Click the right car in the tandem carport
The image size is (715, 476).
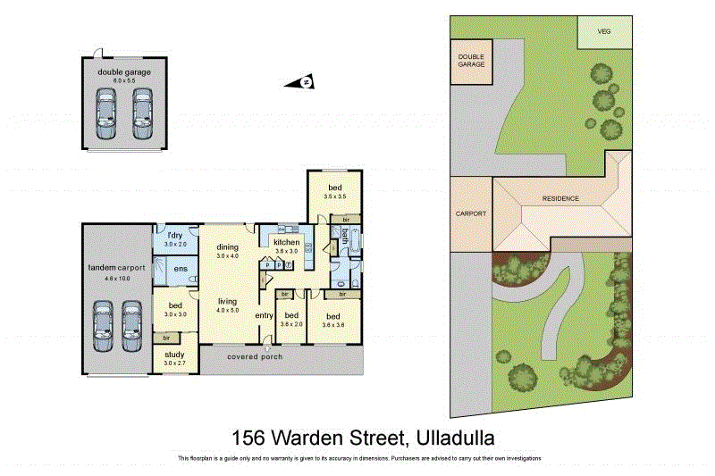tap(132, 327)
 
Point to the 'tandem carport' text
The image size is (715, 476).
tap(117, 269)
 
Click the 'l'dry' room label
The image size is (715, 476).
tap(176, 236)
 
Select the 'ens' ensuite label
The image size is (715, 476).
tap(180, 270)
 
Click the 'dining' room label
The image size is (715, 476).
tap(228, 247)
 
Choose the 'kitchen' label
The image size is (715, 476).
tap(286, 243)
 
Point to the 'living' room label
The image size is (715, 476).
tap(228, 302)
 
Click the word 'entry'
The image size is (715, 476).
tap(264, 315)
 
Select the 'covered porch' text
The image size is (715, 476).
tap(255, 357)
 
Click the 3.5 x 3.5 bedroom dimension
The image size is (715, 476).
tap(335, 195)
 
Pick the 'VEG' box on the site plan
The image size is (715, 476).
tap(603, 31)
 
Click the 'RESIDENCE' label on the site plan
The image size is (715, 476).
tap(560, 198)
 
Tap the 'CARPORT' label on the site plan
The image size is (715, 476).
tap(470, 214)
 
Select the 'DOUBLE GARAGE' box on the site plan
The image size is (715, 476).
tap(470, 60)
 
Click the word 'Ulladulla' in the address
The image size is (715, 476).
tap(451, 438)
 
